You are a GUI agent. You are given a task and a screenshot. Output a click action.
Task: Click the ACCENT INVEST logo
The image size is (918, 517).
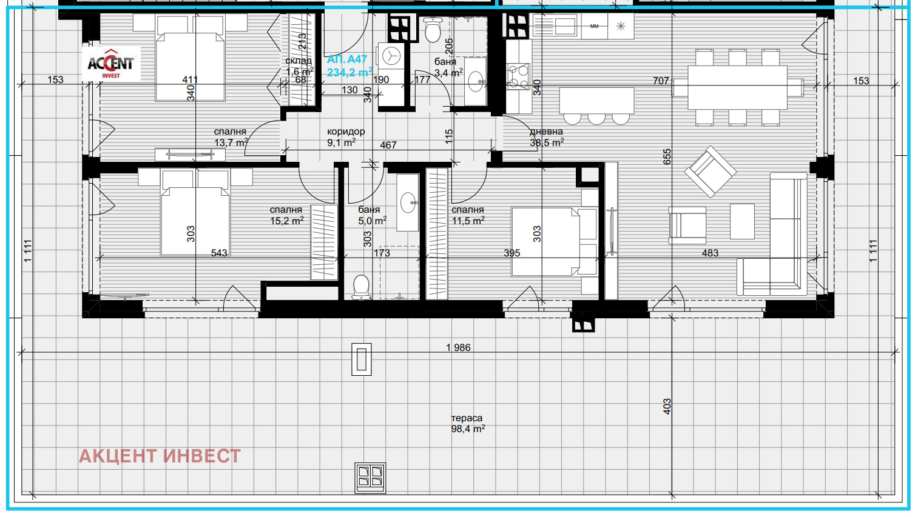click(111, 64)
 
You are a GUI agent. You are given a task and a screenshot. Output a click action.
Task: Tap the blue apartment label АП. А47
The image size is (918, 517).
click(346, 59)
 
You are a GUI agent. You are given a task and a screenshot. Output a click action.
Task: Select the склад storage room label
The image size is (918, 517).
click(299, 61)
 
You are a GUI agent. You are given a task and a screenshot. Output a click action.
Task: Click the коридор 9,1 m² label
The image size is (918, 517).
click(345, 137)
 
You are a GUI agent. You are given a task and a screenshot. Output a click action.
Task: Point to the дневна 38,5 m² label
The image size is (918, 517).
click(547, 137)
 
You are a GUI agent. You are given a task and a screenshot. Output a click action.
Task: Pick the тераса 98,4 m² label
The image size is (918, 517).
click(468, 424)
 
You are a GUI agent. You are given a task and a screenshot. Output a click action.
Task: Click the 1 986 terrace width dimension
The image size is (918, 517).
click(458, 347)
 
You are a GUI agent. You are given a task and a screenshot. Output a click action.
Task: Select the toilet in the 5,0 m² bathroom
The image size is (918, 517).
click(362, 287)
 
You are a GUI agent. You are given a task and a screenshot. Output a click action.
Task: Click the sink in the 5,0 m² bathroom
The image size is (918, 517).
click(408, 202)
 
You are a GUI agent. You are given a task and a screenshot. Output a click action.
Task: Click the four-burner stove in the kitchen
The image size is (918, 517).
click(518, 76)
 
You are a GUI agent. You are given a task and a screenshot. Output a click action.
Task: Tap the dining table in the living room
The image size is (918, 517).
click(737, 87)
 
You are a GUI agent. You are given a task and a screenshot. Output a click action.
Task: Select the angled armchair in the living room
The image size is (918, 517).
click(710, 172)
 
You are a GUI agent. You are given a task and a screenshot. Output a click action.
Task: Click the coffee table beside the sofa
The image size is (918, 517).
click(742, 221)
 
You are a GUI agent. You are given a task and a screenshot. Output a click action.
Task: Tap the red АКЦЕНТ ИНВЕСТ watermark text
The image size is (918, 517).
click(160, 456)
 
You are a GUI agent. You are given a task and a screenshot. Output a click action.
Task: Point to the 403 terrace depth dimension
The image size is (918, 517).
click(667, 407)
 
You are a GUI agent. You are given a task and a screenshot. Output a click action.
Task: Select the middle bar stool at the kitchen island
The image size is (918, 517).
click(596, 119)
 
